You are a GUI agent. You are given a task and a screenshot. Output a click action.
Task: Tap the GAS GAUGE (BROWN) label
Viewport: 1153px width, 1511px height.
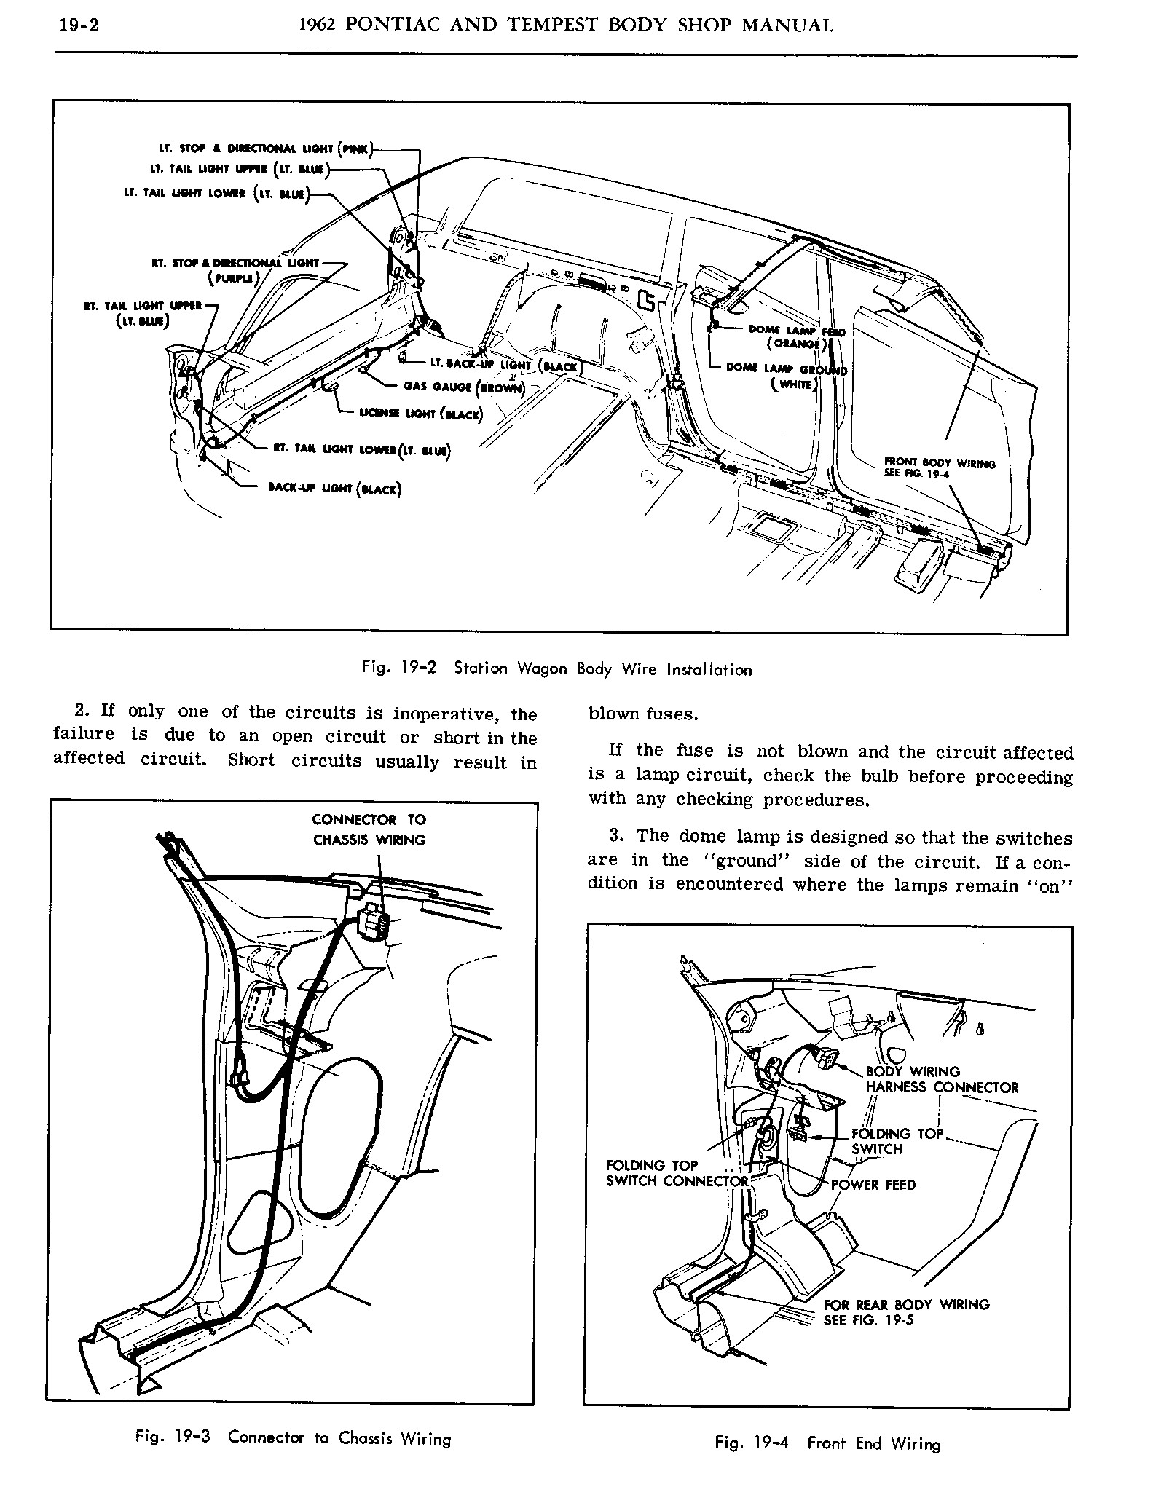click(464, 387)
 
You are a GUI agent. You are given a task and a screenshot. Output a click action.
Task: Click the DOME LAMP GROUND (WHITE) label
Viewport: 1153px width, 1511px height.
click(787, 376)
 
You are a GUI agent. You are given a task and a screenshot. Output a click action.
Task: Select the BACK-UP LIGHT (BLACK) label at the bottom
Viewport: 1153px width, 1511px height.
click(334, 489)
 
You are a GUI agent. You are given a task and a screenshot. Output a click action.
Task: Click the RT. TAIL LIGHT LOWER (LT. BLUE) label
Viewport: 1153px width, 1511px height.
click(361, 451)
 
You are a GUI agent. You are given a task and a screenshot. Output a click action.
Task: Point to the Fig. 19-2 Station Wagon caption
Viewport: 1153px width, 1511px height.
click(556, 668)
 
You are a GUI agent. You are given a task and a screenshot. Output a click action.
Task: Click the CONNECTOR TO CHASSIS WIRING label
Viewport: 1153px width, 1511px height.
click(369, 829)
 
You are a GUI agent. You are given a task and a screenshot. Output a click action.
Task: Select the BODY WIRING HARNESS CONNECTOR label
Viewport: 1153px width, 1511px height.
click(941, 1079)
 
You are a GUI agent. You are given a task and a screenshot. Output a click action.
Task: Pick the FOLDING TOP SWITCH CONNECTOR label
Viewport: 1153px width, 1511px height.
click(677, 1173)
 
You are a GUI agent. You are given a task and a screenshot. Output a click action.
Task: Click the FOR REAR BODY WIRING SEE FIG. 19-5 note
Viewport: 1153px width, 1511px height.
click(906, 1312)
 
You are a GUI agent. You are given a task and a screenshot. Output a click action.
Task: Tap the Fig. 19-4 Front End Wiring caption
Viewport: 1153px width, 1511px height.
click(827, 1443)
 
